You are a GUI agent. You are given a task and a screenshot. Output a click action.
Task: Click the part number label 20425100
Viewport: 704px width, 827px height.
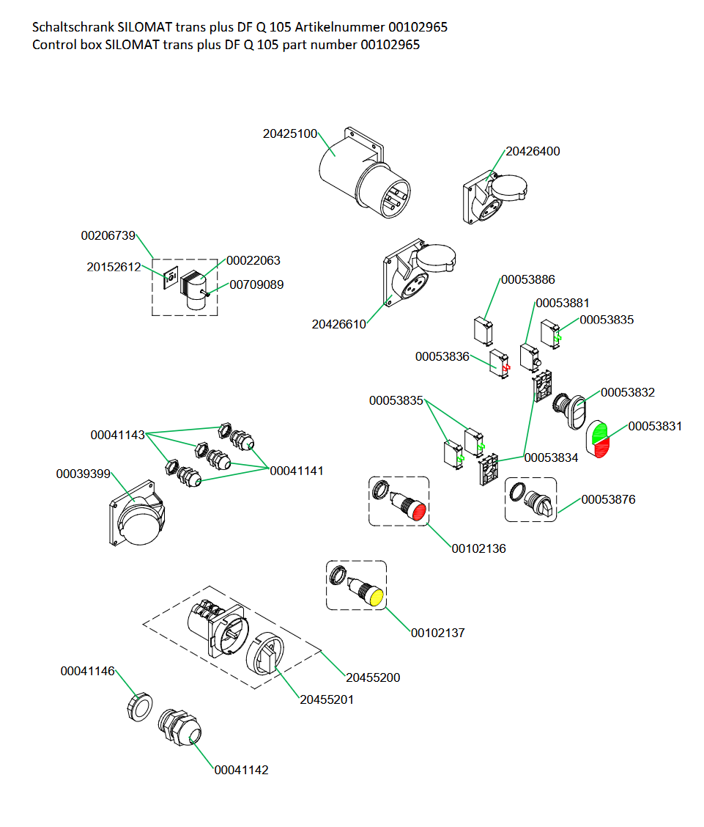click(x=290, y=134)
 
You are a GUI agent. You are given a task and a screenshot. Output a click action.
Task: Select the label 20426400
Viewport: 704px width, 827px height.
click(x=533, y=152)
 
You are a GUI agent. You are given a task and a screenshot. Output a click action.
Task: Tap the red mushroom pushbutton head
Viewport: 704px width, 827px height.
click(x=418, y=511)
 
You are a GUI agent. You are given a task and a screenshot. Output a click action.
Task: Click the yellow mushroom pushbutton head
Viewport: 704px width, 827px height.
click(x=376, y=597)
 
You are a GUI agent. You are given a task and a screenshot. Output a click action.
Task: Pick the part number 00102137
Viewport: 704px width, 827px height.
click(x=437, y=633)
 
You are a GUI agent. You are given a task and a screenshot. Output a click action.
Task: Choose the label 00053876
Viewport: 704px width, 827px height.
click(x=608, y=500)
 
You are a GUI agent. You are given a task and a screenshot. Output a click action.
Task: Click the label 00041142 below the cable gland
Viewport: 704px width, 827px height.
click(x=241, y=770)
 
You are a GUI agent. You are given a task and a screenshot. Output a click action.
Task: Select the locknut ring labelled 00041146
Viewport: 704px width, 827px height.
click(x=139, y=707)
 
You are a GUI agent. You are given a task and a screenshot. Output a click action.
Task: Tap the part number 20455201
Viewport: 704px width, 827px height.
click(x=326, y=699)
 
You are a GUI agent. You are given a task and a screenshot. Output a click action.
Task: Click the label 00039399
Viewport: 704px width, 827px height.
click(x=83, y=474)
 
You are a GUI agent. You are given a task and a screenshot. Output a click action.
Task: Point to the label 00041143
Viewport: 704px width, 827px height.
click(x=117, y=435)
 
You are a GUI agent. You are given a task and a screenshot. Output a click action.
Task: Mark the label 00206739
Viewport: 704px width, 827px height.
click(x=108, y=236)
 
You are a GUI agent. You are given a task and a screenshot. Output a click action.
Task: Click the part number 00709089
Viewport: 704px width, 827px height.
click(x=256, y=284)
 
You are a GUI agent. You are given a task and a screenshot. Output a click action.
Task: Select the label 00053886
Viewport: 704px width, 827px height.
click(x=527, y=279)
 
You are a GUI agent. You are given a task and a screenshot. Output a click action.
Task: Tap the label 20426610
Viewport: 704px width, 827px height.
click(x=338, y=324)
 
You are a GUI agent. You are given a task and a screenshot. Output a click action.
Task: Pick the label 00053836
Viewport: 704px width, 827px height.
click(x=442, y=356)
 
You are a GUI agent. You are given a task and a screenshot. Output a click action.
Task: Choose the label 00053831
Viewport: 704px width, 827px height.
click(x=655, y=426)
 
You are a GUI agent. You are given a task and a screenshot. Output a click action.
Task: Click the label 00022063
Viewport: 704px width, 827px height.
click(x=253, y=260)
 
